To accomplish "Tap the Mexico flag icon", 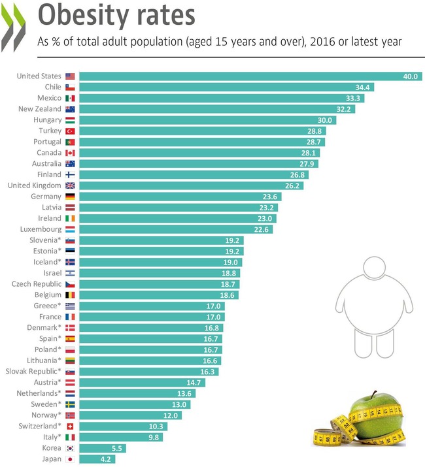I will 70,98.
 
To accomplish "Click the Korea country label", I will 51,448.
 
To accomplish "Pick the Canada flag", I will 70,153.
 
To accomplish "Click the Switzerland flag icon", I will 70,426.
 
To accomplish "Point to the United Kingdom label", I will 34,185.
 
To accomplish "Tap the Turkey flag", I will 70,131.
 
